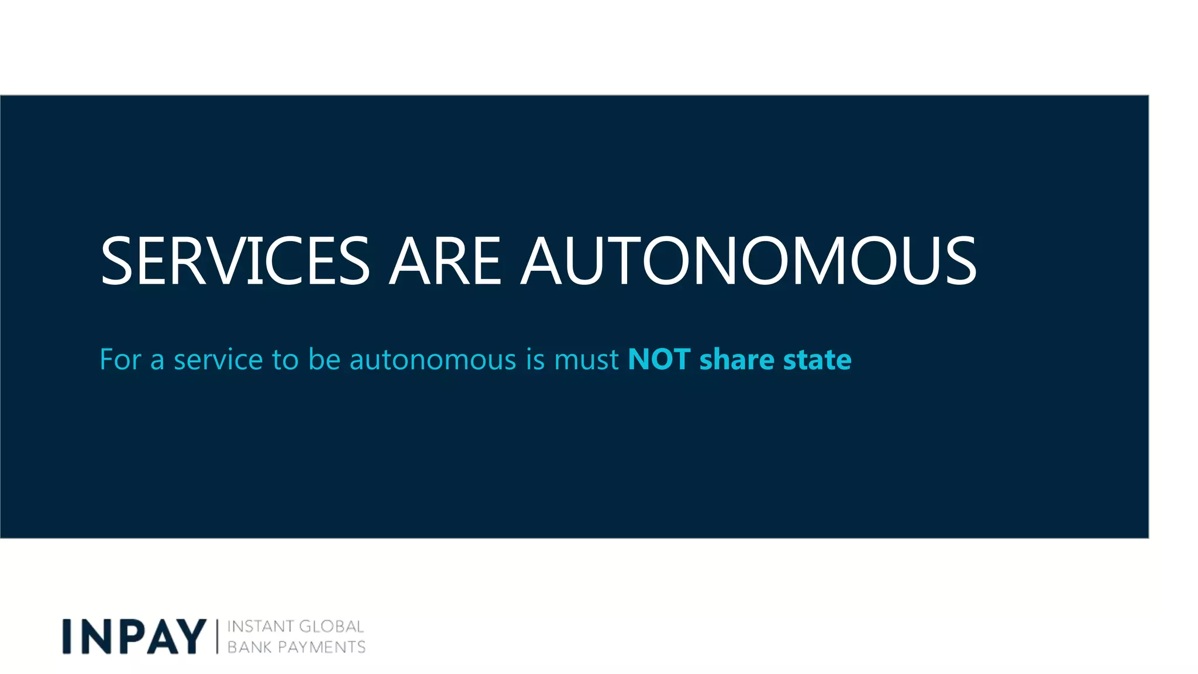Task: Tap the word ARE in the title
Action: [445, 261]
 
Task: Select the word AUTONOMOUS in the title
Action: [749, 261]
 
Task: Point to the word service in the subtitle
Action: [218, 359]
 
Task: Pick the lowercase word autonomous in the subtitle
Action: [433, 359]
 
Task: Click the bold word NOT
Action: [659, 359]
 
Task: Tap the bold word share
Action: [736, 359]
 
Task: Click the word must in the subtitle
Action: [586, 359]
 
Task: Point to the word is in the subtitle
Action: [535, 359]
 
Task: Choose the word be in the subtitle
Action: [324, 359]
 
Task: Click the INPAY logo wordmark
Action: [135, 637]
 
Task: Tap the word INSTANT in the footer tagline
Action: [259, 627]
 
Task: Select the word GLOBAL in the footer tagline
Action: [331, 627]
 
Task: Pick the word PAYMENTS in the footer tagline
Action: [321, 647]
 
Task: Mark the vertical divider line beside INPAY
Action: [217, 637]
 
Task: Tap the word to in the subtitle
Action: [285, 359]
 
